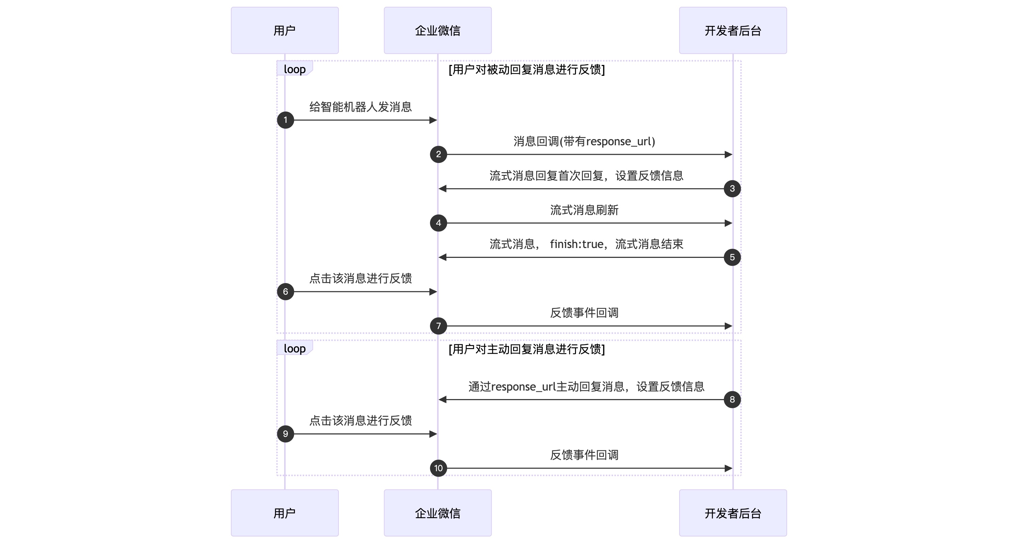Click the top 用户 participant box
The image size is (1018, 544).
284,30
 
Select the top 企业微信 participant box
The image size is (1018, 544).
438,30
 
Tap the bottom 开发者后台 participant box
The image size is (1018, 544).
733,513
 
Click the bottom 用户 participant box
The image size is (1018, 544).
284,513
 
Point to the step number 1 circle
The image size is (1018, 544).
285,120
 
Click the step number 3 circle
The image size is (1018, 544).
732,188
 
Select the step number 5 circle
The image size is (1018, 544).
732,257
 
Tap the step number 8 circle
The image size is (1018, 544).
732,399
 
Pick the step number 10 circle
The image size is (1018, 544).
438,468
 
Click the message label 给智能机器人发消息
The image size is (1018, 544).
360,107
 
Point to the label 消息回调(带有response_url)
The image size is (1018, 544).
584,141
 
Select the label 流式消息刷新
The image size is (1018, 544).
584,210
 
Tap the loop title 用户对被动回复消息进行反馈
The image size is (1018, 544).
526,69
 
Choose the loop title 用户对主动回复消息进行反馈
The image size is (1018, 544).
526,349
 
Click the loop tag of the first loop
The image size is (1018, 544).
294,69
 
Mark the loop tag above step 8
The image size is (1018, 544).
294,348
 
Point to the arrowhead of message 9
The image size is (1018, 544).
433,434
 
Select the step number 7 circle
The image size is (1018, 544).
438,326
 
